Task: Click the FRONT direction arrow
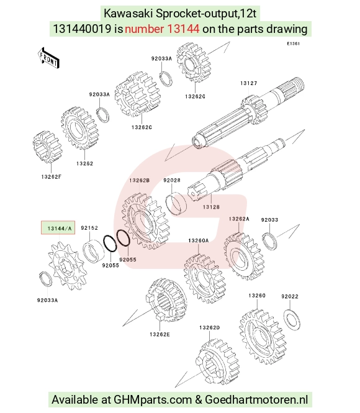48,58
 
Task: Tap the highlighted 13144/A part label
58,228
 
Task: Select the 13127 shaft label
248,83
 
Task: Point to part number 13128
211,207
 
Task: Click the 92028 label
172,180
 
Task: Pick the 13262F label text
52,177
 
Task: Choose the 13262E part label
160,334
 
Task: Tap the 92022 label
290,297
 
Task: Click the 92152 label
89,228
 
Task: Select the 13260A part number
199,240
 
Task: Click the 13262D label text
209,328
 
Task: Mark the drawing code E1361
293,43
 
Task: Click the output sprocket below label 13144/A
67,266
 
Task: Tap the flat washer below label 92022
292,319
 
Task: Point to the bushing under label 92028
176,202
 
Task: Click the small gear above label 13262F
47,147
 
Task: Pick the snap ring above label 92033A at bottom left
45,279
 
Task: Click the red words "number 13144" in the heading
162,29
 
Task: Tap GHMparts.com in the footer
153,399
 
